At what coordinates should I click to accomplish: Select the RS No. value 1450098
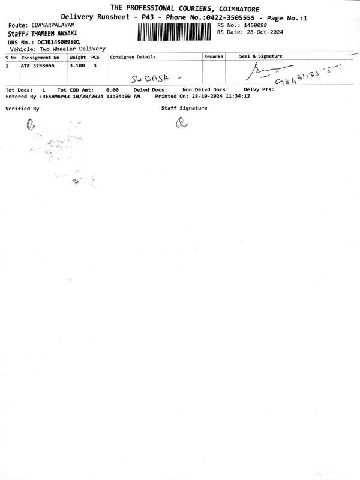(x=254, y=25)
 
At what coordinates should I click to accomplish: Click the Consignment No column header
(x=40, y=56)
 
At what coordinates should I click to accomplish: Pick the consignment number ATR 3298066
(x=41, y=65)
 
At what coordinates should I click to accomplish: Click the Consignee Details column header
(x=133, y=56)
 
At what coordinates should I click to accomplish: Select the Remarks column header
(x=214, y=56)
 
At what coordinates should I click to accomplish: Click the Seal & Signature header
(x=261, y=56)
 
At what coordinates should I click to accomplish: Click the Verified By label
(x=22, y=109)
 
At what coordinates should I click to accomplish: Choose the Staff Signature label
(x=184, y=107)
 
